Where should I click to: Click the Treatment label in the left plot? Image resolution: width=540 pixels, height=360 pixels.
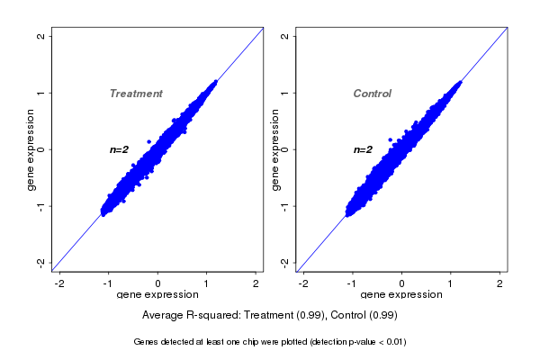(x=136, y=94)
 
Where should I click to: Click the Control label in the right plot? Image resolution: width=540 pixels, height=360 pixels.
(x=372, y=94)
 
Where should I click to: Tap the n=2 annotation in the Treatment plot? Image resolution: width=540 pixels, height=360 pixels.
(x=120, y=149)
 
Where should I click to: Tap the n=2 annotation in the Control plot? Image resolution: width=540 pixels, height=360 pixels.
(x=363, y=149)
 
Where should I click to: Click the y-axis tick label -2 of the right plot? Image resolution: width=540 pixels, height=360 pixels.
(x=284, y=262)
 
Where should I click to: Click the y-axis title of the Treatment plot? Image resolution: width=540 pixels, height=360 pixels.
(x=31, y=149)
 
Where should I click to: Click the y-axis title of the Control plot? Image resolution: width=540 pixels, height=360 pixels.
(x=275, y=149)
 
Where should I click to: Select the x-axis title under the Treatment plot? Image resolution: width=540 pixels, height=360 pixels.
(x=157, y=295)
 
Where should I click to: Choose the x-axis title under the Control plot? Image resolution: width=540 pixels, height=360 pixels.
(x=401, y=295)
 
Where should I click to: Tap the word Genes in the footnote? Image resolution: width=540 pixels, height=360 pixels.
(x=147, y=342)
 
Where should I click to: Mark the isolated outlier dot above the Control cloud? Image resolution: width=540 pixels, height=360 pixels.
(x=390, y=139)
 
